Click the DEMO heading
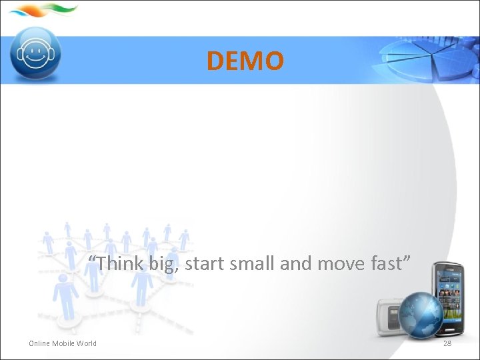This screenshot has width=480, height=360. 245,61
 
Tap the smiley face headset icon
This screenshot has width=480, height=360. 36,53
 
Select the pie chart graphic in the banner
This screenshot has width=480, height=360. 430,61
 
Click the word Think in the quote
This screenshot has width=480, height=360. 119,263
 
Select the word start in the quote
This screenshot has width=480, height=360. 205,263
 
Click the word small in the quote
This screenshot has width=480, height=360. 252,263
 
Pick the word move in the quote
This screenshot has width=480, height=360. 341,263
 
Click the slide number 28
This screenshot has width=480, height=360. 447,343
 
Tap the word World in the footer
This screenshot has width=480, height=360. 87,343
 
